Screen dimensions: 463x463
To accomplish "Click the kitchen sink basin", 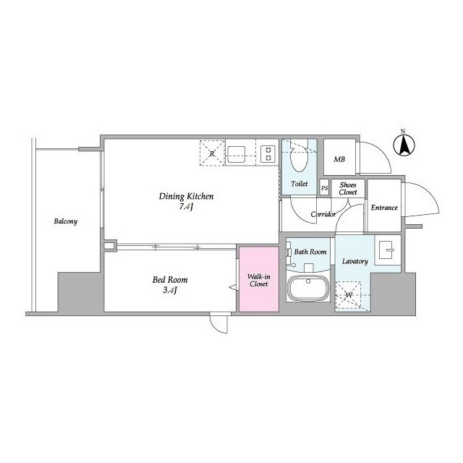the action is pyautogui.click(x=237, y=154).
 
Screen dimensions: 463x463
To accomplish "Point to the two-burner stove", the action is pyautogui.click(x=268, y=154).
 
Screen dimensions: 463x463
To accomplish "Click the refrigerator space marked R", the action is pyautogui.click(x=212, y=153).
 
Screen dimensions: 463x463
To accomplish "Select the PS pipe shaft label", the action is pyautogui.click(x=324, y=188).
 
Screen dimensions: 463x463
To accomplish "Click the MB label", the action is pyautogui.click(x=339, y=159).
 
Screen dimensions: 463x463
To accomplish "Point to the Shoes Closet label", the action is pyautogui.click(x=348, y=188).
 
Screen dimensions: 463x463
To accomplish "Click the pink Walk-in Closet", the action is pyautogui.click(x=259, y=279).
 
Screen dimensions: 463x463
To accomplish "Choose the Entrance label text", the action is pyautogui.click(x=384, y=208).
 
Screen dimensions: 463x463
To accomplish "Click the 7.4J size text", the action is pyautogui.click(x=186, y=207).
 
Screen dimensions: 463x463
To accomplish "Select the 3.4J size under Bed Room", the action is pyautogui.click(x=170, y=290).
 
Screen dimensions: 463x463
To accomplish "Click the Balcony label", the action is pyautogui.click(x=66, y=221).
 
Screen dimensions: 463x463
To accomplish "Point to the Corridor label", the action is pyautogui.click(x=323, y=214).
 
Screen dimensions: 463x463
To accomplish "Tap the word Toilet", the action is pyautogui.click(x=299, y=184).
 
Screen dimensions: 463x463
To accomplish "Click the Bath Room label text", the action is pyautogui.click(x=310, y=252).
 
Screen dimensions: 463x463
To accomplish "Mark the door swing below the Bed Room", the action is pyautogui.click(x=218, y=323).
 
